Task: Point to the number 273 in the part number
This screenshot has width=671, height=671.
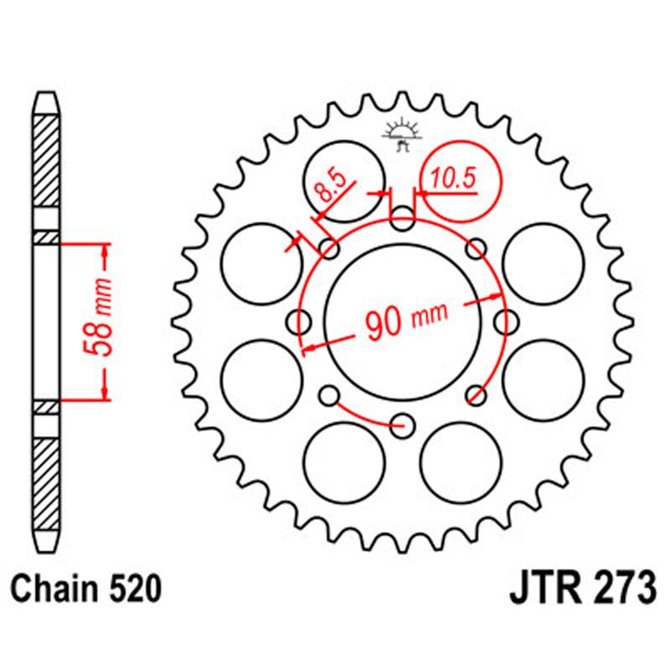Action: [x=622, y=588]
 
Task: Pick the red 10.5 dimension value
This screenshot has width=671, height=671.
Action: [x=454, y=178]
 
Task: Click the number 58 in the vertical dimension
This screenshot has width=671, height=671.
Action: [x=101, y=337]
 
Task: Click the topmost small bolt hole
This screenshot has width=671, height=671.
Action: [x=403, y=222]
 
